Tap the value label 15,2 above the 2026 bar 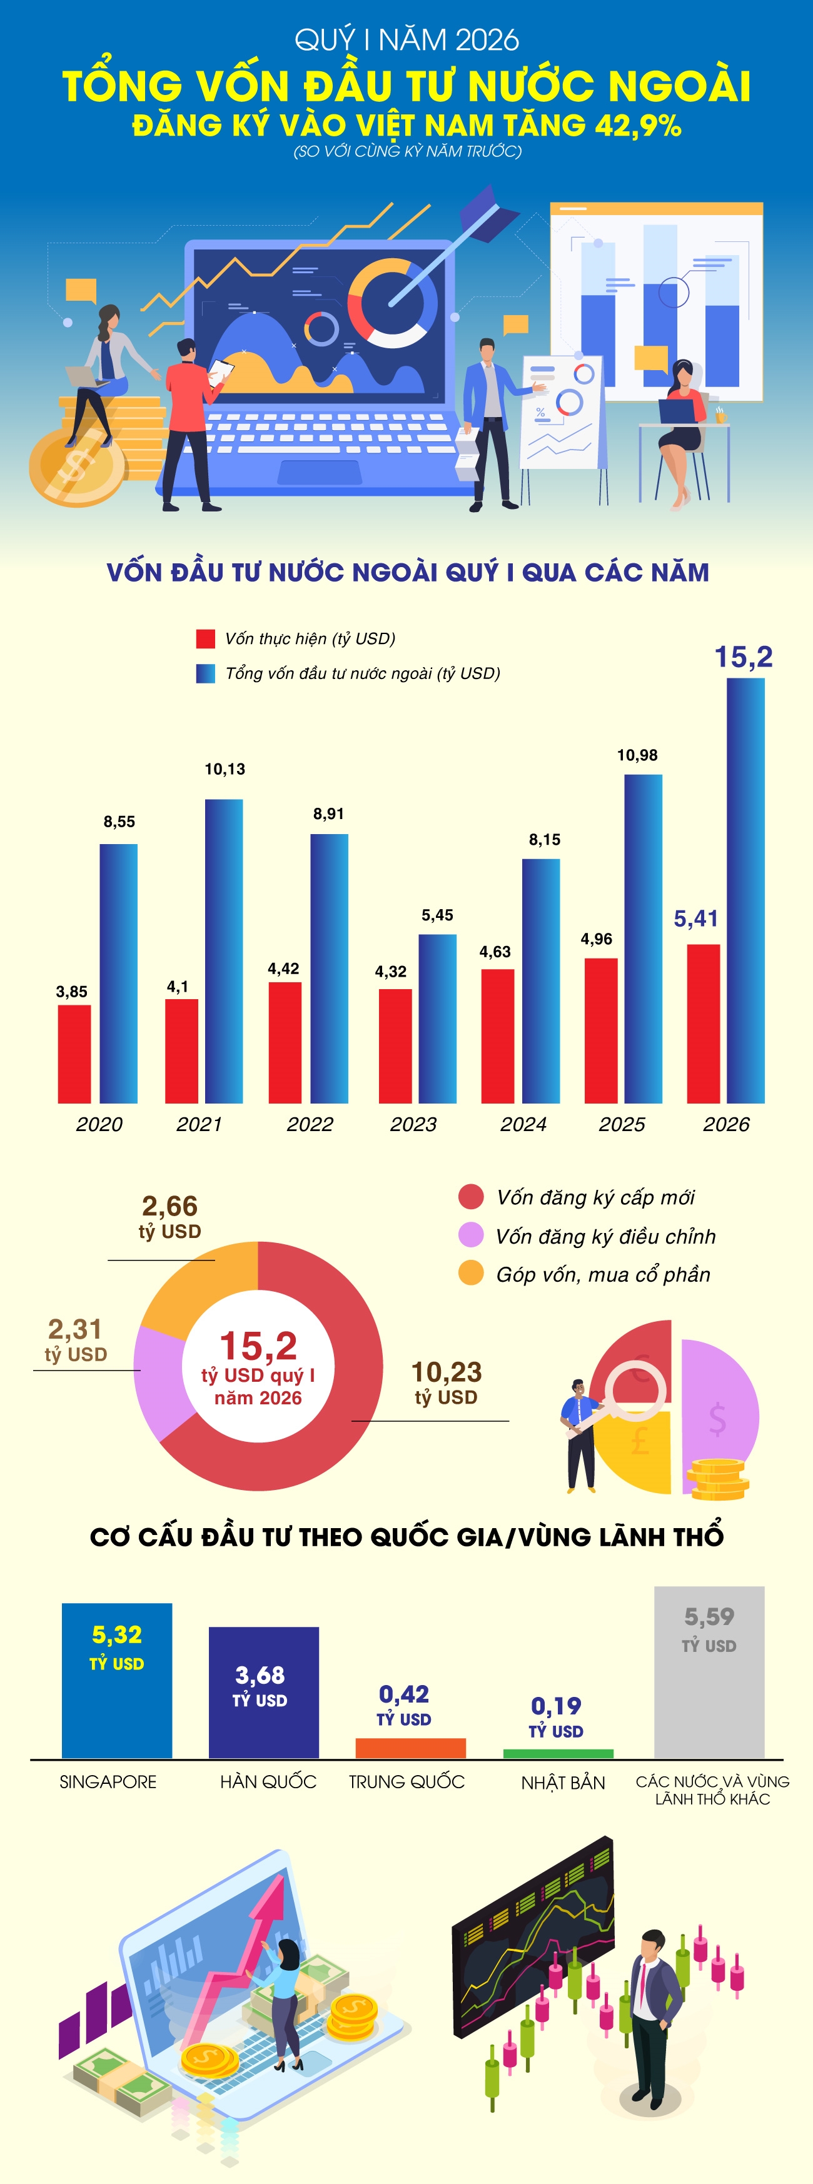click(744, 657)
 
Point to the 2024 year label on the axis click(523, 1124)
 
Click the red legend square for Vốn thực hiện click(205, 638)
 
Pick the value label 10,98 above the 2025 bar click(637, 755)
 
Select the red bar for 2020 click(74, 1054)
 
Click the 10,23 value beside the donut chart click(446, 1372)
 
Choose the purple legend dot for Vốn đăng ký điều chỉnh click(470, 1235)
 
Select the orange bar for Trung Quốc click(410, 1748)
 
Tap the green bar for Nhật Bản click(558, 1753)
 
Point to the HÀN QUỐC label click(268, 1782)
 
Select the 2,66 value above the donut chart click(169, 1207)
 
